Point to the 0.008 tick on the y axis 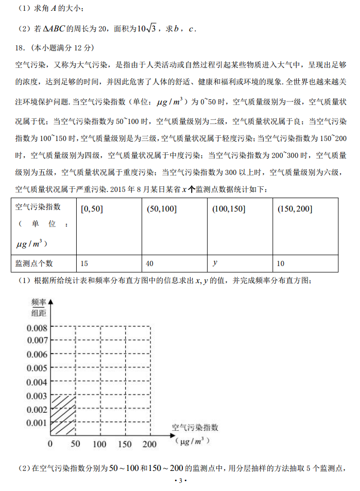click(x=37, y=327)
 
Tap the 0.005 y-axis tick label click(x=37, y=368)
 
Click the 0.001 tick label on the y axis click(x=37, y=423)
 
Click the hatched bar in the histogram click(x=63, y=414)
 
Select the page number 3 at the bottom click(x=180, y=481)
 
